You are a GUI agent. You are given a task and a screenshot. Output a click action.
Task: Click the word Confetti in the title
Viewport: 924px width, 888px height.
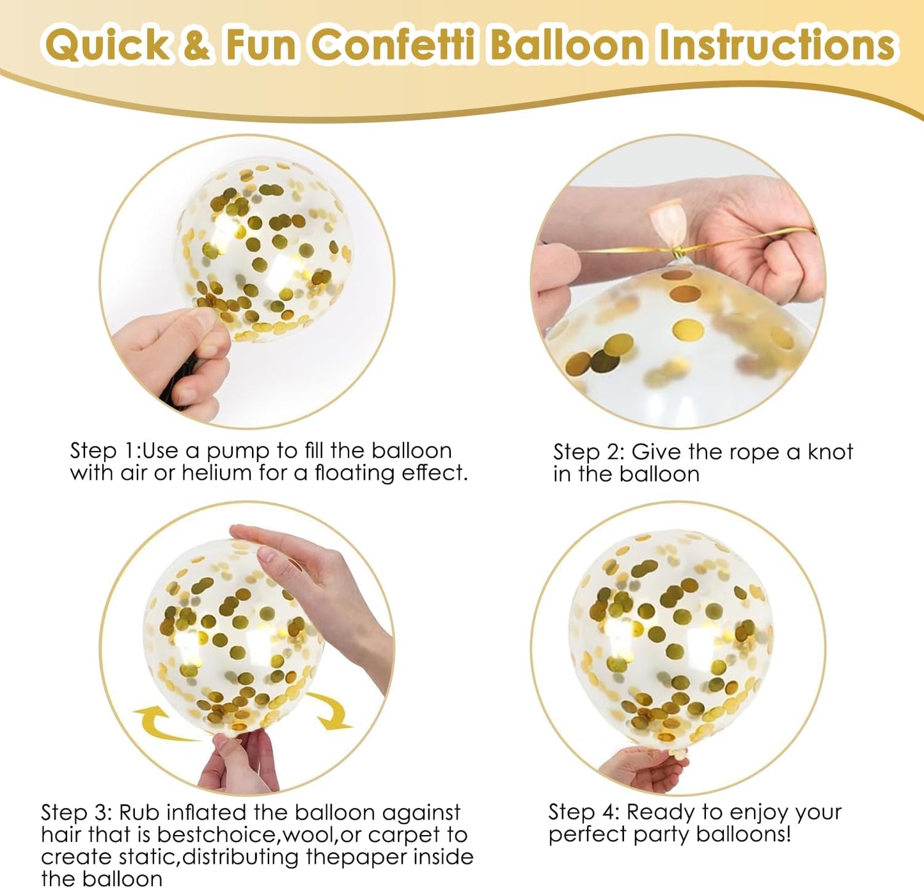(395, 45)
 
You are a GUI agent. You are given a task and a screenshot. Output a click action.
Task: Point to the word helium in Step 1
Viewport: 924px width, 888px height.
(216, 473)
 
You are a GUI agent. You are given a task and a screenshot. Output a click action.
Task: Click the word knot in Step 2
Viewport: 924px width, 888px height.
(830, 452)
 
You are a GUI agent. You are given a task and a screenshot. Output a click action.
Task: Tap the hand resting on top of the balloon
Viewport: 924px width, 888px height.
(301, 562)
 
